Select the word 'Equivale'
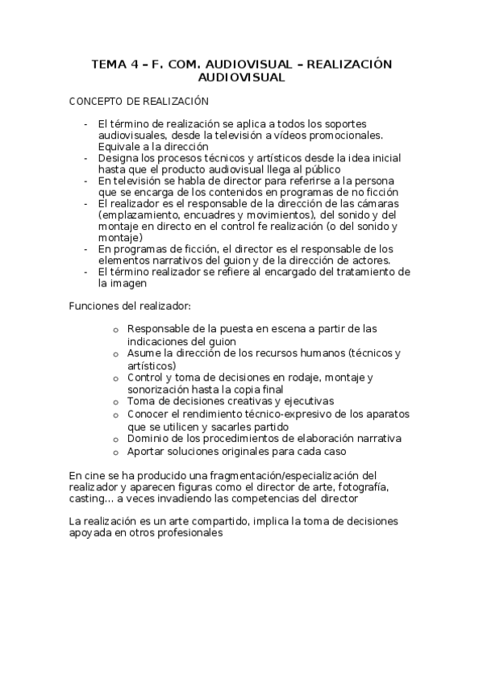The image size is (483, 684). click(x=119, y=147)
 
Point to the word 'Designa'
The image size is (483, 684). click(x=117, y=159)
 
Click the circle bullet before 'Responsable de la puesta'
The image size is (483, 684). click(x=116, y=330)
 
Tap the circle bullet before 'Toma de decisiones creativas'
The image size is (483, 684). click(x=116, y=402)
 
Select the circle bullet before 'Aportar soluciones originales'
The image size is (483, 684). click(x=116, y=453)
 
